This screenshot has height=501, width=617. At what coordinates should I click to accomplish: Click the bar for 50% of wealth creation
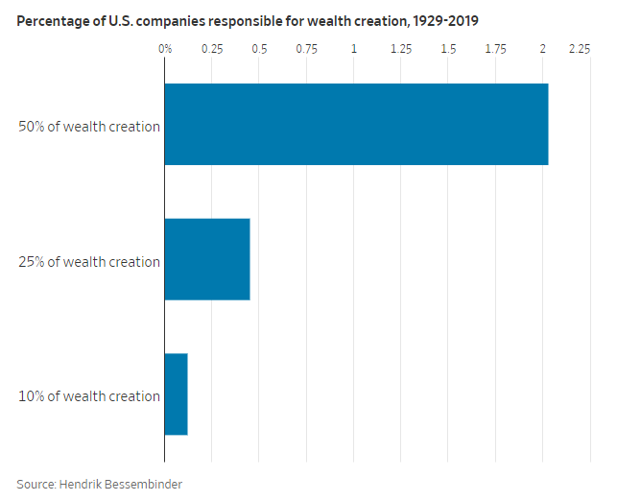pyautogui.click(x=356, y=124)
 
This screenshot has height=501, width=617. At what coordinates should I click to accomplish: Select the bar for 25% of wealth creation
pyautogui.click(x=207, y=259)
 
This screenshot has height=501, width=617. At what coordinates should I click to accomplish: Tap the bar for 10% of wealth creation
pyautogui.click(x=176, y=394)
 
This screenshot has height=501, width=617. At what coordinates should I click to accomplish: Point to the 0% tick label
pyautogui.click(x=165, y=48)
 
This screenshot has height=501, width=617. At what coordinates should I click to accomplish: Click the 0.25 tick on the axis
pyautogui.click(x=212, y=48)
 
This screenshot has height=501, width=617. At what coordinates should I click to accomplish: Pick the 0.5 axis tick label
pyautogui.click(x=259, y=48)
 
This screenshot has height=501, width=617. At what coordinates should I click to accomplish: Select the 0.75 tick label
pyautogui.click(x=306, y=48)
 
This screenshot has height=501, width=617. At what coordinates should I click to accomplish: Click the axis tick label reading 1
pyautogui.click(x=354, y=48)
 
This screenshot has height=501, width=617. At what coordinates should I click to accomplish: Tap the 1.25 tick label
pyautogui.click(x=401, y=48)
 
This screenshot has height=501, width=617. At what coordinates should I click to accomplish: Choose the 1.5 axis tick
pyautogui.click(x=448, y=48)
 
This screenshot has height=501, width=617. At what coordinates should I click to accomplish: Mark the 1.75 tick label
pyautogui.click(x=495, y=48)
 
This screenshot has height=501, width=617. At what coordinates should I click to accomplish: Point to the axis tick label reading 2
pyautogui.click(x=543, y=48)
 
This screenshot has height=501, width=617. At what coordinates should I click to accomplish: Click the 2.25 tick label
pyautogui.click(x=579, y=48)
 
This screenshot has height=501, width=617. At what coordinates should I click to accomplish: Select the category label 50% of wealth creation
pyautogui.click(x=89, y=127)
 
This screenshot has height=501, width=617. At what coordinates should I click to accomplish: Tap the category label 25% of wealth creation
pyautogui.click(x=89, y=262)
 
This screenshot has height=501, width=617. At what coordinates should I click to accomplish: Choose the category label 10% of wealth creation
pyautogui.click(x=89, y=396)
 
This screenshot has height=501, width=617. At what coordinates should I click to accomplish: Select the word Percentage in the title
pyautogui.click(x=51, y=20)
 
